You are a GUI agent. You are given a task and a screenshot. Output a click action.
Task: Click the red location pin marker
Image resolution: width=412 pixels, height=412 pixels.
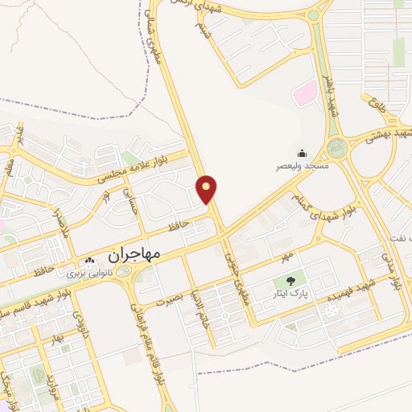pos(207,189)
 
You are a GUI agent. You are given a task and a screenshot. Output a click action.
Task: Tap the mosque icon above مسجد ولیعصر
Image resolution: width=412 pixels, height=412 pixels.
pos(302,153)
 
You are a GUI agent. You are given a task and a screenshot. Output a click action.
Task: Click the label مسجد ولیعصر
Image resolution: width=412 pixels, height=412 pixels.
pos(302,166)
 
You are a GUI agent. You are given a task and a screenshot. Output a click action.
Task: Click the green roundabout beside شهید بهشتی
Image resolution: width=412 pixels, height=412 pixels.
pos(336,146)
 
